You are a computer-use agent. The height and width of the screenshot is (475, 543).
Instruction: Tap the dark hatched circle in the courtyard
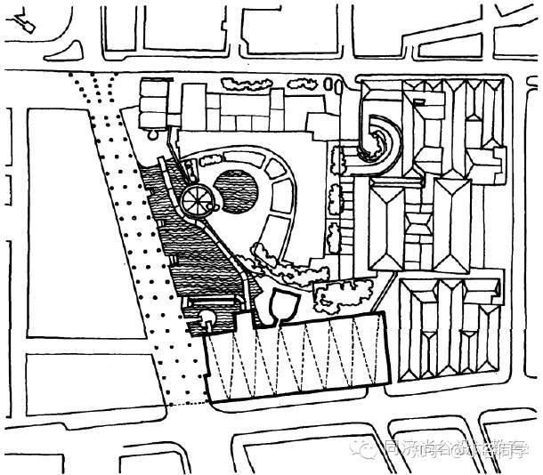click(x=238, y=189)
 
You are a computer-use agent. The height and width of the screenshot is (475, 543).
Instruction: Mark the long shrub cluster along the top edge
click(x=250, y=85)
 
